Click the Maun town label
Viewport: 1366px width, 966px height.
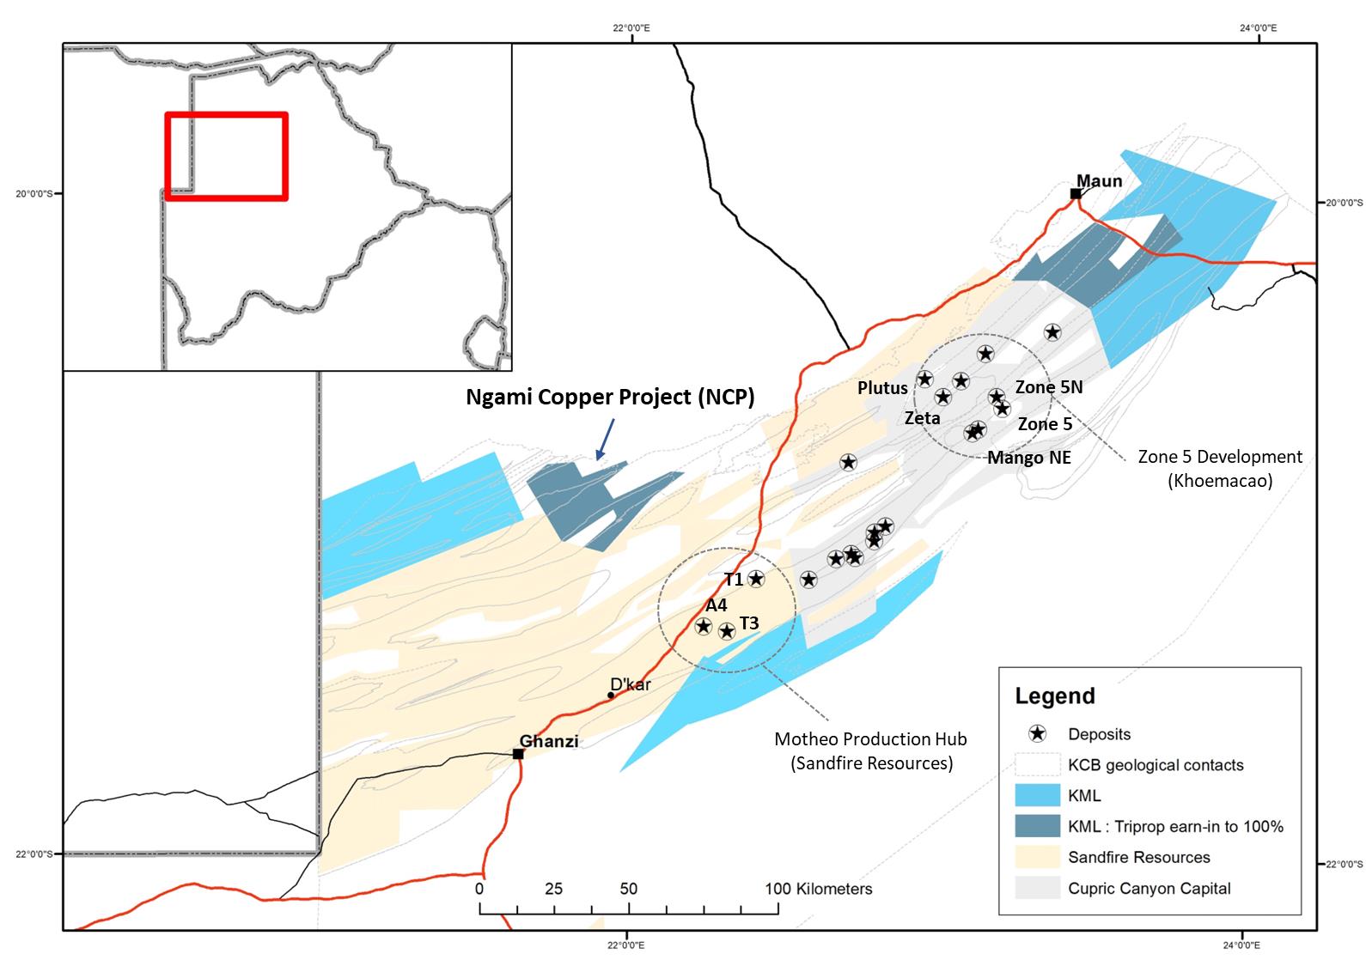tap(1099, 181)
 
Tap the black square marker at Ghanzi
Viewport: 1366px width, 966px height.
tap(518, 754)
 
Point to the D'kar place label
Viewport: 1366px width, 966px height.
tap(631, 684)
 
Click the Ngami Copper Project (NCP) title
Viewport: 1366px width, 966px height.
tap(610, 397)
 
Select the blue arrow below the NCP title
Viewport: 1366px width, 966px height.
tap(604, 438)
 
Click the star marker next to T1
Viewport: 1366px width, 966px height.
tap(756, 579)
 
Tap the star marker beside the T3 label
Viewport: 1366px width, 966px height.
tap(727, 631)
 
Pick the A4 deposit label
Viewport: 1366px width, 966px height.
tap(717, 605)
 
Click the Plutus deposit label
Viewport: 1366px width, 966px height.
tap(882, 388)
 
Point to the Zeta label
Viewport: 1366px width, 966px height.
tap(923, 418)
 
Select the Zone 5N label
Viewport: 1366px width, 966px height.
tap(1048, 387)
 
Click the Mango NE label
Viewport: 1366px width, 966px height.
tap(1028, 458)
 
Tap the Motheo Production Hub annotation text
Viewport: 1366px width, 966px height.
tap(870, 750)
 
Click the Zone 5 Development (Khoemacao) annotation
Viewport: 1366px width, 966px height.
tap(1219, 468)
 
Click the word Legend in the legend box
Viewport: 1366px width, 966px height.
tap(1054, 696)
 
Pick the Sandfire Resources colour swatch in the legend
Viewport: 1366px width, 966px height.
tap(1037, 857)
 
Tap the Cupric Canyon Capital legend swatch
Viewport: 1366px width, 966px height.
tap(1037, 888)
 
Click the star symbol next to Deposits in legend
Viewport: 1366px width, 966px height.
tap(1037, 734)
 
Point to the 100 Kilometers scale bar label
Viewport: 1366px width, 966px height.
tap(818, 889)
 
